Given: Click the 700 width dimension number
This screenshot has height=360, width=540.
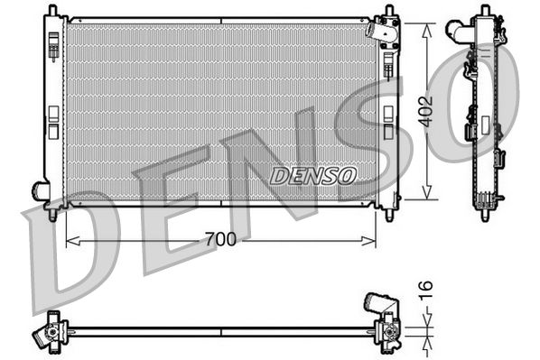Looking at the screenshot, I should (x=219, y=240).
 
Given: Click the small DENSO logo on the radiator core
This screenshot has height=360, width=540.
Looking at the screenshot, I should (x=312, y=173).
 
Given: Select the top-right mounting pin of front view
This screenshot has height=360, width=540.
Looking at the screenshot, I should (x=389, y=11).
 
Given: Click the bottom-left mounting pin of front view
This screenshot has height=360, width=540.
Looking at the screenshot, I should (x=52, y=215).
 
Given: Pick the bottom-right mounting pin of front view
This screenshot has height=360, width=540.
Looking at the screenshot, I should (x=389, y=215).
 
